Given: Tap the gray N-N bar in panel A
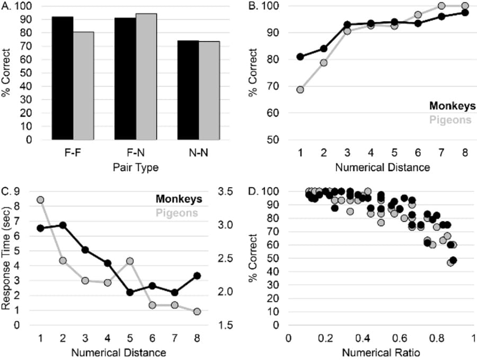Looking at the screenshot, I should click(x=209, y=91).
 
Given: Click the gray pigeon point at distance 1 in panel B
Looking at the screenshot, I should click(x=300, y=90).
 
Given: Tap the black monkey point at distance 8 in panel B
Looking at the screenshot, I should click(x=465, y=13).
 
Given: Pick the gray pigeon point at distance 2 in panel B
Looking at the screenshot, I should click(x=323, y=63).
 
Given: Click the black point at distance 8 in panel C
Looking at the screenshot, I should click(x=197, y=276).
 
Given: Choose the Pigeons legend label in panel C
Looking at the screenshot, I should click(x=178, y=213).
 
